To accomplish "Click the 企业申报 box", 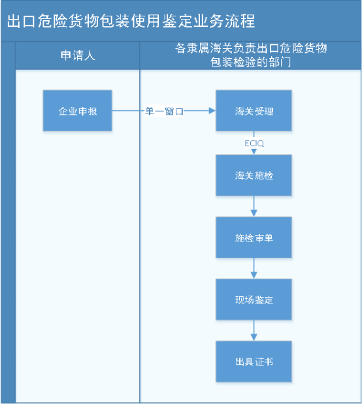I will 78,111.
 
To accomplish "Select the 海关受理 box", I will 254,111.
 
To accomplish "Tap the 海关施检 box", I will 254,175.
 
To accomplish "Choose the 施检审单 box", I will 254,238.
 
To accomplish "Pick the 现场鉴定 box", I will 254,300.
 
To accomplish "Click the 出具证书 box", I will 254,361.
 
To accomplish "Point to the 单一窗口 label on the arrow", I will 164,112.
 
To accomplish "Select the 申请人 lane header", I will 78,55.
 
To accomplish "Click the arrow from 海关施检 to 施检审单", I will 254,207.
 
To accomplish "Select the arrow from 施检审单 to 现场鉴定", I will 254,269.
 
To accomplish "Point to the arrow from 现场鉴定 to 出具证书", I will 254,331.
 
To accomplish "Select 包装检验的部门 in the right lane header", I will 251,63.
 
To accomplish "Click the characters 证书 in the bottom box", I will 264,362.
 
